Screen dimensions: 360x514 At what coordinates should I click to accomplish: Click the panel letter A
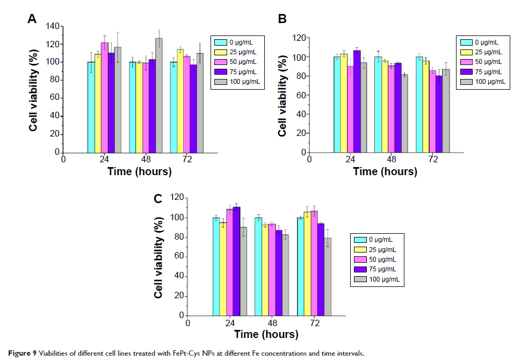(32, 20)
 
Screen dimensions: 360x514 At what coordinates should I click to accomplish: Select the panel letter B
(282, 20)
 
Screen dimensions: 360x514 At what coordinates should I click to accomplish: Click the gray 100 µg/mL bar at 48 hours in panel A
(158, 96)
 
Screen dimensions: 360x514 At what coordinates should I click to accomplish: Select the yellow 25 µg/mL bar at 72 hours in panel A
(180, 100)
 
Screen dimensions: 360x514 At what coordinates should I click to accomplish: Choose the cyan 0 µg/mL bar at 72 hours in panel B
(419, 105)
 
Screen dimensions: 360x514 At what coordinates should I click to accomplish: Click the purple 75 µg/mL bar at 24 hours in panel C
(236, 261)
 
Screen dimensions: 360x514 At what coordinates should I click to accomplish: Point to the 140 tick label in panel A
(51, 26)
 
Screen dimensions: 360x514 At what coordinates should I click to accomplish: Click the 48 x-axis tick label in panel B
(392, 160)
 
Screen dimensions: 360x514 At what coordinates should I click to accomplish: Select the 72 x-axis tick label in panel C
(314, 323)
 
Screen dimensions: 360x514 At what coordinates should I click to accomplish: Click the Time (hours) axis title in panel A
(139, 172)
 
